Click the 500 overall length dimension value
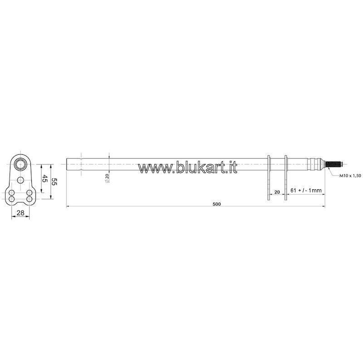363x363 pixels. coord(216,204)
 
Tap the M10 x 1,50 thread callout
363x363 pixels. coord(350,176)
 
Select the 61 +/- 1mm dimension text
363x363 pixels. coord(306,190)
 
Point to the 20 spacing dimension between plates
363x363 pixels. coord(277,192)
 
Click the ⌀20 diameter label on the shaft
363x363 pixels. coord(107,178)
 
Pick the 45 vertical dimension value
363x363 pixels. coord(45,179)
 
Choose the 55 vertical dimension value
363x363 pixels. coord(54,181)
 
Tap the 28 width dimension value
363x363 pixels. coord(20,212)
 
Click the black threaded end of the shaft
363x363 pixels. coord(334,165)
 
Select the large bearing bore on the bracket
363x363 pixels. coord(20,165)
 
